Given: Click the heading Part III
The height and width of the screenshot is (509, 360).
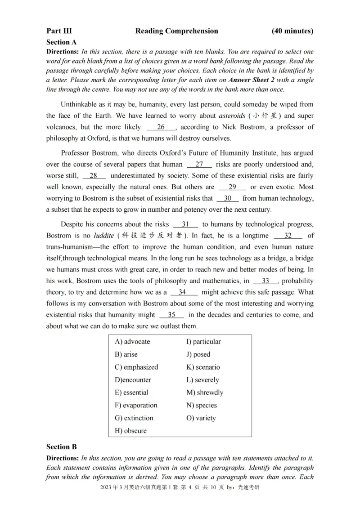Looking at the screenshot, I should [x=59, y=31].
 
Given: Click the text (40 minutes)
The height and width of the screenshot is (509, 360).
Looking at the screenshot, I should [x=292, y=31].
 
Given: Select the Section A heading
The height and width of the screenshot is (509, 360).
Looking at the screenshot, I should [x=62, y=42].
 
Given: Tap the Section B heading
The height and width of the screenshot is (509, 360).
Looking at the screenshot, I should [x=62, y=447].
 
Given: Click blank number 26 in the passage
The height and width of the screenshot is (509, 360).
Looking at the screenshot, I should [x=161, y=127].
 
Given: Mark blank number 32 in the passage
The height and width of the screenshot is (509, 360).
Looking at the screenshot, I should [x=288, y=236].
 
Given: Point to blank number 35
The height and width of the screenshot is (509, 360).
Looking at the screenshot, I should [x=171, y=315].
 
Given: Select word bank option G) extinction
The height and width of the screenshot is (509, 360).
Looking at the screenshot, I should [x=134, y=418].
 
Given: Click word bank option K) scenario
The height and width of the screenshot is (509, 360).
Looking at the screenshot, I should [x=203, y=367].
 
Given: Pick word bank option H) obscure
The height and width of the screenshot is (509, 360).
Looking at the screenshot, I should [x=131, y=431].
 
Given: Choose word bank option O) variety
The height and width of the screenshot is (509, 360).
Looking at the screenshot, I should [x=201, y=418].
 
